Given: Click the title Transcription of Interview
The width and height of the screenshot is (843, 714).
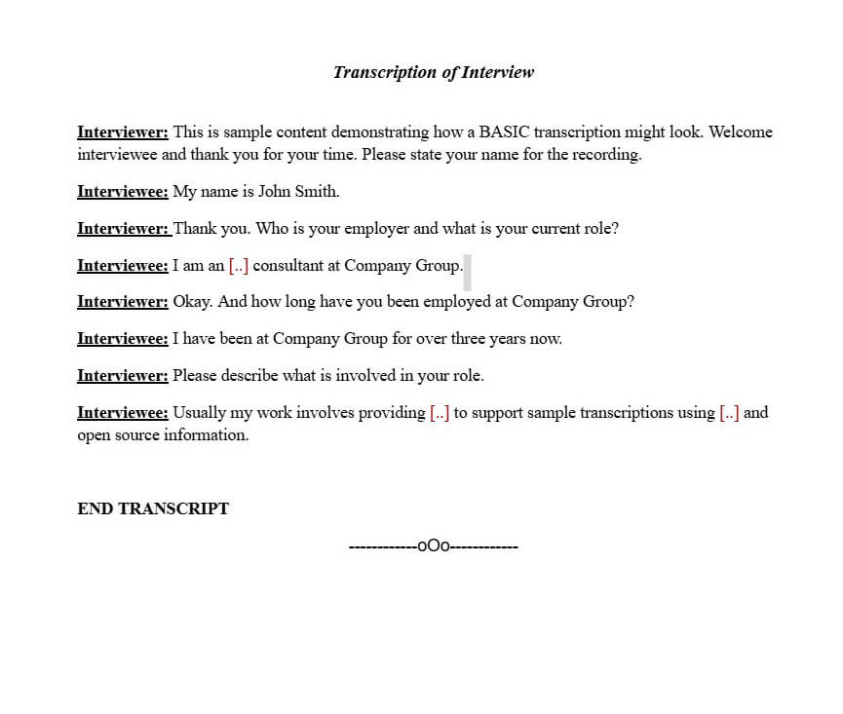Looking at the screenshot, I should coord(434,72).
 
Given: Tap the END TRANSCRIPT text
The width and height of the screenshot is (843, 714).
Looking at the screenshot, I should coord(153,508).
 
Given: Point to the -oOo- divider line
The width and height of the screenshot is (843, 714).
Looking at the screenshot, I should coord(433,546).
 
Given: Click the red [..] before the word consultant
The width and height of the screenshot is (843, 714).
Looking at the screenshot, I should coord(239,266).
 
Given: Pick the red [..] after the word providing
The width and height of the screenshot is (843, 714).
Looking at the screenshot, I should coord(440,413).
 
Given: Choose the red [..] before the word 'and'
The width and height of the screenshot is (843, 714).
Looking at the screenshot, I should coord(729,413).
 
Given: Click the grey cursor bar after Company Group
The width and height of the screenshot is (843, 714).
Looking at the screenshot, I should coord(468,272).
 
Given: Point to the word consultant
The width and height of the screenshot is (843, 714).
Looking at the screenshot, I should coord(288,266).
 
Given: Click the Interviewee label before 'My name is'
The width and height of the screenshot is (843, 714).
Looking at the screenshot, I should coord(123,192).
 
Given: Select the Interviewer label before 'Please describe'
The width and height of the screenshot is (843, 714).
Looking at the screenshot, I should coord(123,376).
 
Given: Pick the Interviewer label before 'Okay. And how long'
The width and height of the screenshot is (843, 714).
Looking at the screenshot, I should coord(123,302).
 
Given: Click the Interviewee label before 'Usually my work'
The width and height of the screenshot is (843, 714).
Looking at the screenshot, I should coord(123,413).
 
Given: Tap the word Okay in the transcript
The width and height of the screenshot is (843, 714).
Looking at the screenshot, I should coord(193,302).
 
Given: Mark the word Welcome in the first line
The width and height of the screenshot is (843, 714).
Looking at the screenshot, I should coord(741,132).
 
